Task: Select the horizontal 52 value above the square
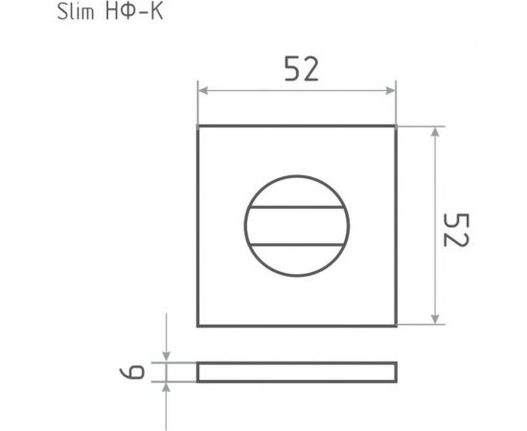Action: pos(300,69)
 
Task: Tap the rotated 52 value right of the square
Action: pos(455,227)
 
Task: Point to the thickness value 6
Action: pos(140,372)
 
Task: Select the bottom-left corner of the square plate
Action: pos(198,326)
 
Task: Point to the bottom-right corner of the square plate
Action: pos(395,326)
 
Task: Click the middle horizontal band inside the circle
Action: pos(296,226)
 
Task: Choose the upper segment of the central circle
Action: pos(296,193)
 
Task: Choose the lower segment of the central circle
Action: pos(296,260)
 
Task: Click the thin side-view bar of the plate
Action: pos(296,372)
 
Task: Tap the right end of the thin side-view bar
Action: pos(394,372)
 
